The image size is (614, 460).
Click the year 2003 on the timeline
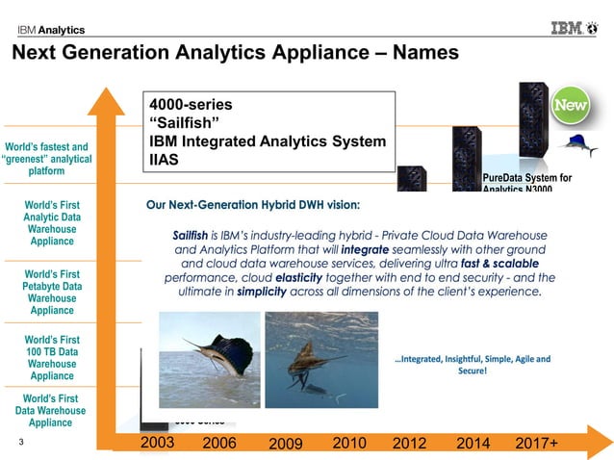(158, 442)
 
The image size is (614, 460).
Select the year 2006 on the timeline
(220, 443)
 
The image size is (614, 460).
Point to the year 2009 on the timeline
(285, 444)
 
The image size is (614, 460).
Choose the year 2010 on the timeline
(349, 442)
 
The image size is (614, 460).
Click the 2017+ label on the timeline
(538, 443)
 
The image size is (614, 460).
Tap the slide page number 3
(21, 444)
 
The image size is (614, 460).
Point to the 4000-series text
(191, 103)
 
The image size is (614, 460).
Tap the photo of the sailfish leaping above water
(209, 359)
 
